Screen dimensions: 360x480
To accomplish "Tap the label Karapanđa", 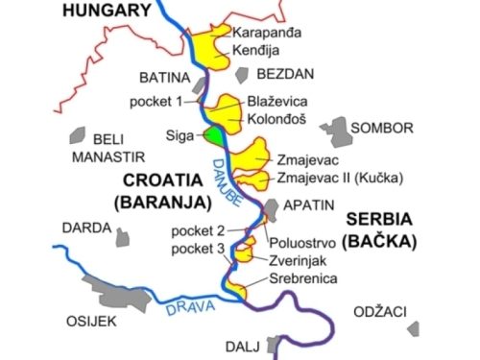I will pyautogui.click(x=266, y=32).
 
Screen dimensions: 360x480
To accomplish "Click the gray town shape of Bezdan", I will pyautogui.click(x=240, y=74).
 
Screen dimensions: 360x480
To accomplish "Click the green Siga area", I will pyautogui.click(x=212, y=136).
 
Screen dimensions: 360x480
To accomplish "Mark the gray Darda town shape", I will pyautogui.click(x=121, y=237).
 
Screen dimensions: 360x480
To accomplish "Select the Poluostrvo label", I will pyautogui.click(x=304, y=241).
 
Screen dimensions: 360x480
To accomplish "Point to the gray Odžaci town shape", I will pyautogui.click(x=413, y=328).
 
